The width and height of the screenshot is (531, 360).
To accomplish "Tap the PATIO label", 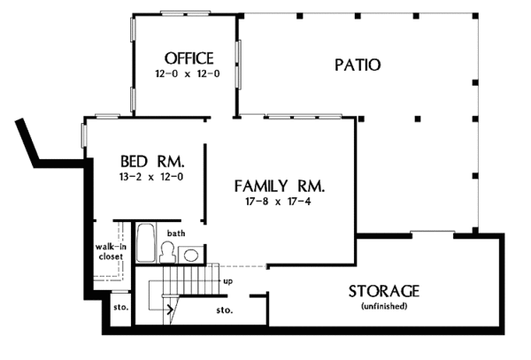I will tap(358, 65).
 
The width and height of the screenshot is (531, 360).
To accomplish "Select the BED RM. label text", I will tap(151, 162).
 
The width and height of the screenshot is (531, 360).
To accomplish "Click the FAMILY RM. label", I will tap(280, 187).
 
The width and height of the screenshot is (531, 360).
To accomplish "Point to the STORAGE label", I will tap(384, 291).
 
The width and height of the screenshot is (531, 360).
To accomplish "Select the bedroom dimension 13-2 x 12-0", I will tap(151, 177).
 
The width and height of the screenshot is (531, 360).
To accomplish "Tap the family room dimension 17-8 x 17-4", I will tap(280, 202).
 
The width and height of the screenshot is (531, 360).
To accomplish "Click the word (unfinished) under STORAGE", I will tap(384, 306).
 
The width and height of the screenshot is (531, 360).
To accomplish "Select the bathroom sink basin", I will tap(189, 255).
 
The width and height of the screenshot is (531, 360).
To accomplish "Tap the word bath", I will tap(177, 233).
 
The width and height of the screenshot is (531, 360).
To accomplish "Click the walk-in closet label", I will tap(111, 251).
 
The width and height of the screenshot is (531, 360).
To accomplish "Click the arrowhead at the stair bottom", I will tap(169, 310).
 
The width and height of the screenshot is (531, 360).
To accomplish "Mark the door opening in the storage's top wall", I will tap(431, 234).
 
